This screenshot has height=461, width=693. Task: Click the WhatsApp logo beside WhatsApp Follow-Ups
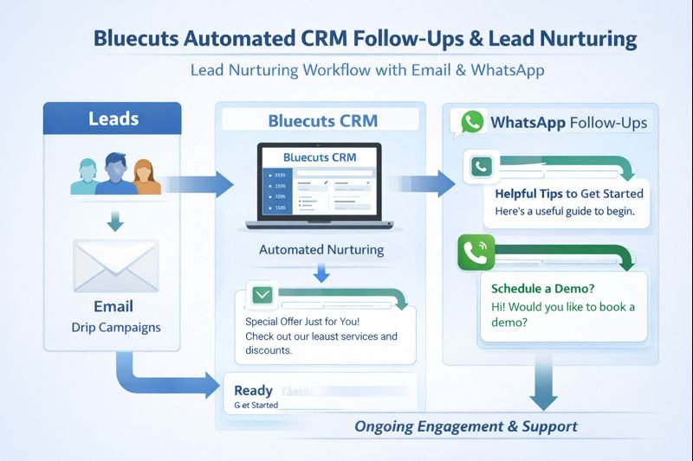pyautogui.click(x=471, y=122)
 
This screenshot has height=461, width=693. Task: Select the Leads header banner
pyautogui.click(x=112, y=118)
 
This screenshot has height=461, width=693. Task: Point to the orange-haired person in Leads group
pyautogui.click(x=148, y=176)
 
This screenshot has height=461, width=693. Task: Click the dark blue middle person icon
pyautogui.click(x=114, y=174)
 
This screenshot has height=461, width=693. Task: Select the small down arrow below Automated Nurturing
pyautogui.click(x=322, y=273)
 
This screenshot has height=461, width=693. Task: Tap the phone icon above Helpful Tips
pyautogui.click(x=479, y=166)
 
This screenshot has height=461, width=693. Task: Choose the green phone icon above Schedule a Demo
pyautogui.click(x=476, y=253)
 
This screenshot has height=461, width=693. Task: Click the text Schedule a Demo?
pyautogui.click(x=537, y=288)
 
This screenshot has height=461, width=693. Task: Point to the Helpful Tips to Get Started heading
pyautogui.click(x=568, y=193)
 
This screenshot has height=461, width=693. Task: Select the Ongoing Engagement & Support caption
pyautogui.click(x=465, y=426)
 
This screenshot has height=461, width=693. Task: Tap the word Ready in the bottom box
pyautogui.click(x=253, y=391)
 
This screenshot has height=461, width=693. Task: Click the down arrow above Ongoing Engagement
pyautogui.click(x=543, y=387)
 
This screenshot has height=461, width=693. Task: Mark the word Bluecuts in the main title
pyautogui.click(x=144, y=39)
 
